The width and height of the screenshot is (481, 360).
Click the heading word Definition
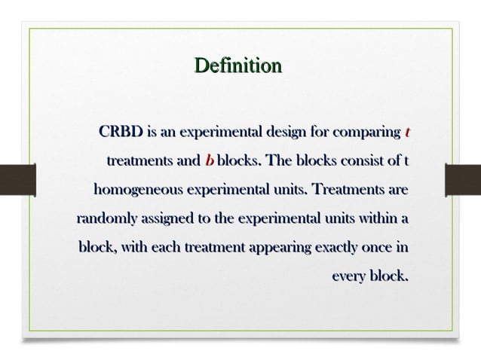click(x=237, y=66)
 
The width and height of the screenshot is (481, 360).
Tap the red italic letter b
click(x=209, y=161)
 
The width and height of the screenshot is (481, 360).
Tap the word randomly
click(x=106, y=218)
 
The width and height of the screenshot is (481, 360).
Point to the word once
click(x=377, y=246)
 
